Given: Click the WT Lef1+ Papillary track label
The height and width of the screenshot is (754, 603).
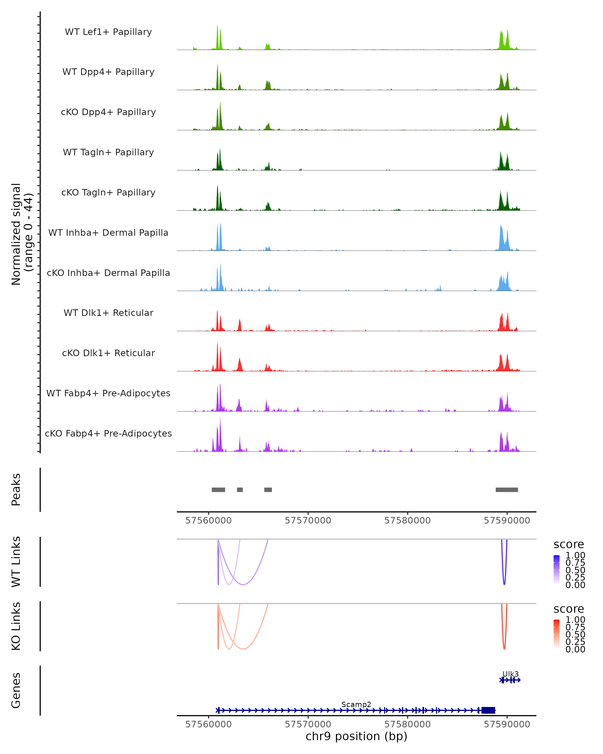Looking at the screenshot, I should pos(108,32).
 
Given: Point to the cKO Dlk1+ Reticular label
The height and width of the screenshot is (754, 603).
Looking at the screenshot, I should pos(108,353).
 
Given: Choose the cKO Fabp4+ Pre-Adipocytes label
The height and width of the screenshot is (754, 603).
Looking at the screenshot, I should pos(108,433).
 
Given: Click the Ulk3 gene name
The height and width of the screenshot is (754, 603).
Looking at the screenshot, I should pos(510,674).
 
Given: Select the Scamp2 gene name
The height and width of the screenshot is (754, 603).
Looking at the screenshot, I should pos(356,704).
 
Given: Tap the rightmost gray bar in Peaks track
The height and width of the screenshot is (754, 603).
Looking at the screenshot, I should pos(507,490).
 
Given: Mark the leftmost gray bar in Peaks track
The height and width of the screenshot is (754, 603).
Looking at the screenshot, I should pos(219,490).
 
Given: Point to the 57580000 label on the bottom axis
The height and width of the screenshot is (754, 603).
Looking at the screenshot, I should pos(407,724).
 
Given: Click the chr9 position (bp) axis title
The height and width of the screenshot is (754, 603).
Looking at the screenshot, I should pos(356,736).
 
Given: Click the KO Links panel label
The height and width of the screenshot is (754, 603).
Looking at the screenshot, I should pos(16,626).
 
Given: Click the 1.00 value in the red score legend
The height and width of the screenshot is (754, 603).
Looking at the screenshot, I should pos(575,619).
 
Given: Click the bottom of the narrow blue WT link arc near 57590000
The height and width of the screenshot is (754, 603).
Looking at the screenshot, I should pos(504,584).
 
